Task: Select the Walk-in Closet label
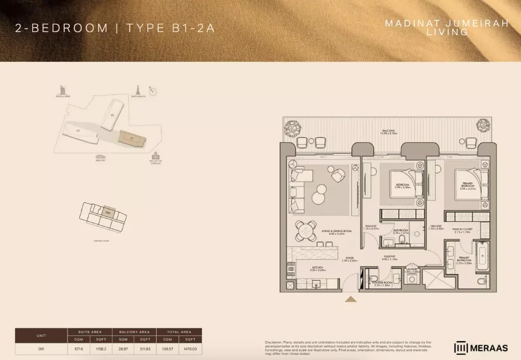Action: [462, 230]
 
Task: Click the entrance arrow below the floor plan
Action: [350, 300]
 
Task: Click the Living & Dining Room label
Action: [337, 232]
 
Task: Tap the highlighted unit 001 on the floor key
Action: [109, 212]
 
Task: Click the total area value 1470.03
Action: [190, 349]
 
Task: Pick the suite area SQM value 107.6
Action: [78, 349]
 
